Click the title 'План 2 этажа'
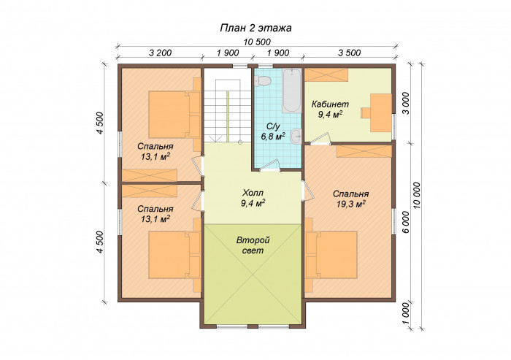point(255,28)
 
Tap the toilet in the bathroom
point(262,80)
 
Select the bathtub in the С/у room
point(291,91)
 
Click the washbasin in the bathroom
point(296,136)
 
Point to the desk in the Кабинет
point(380,113)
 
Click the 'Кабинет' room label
point(330,104)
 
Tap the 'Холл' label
point(253,192)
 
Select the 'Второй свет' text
point(253,245)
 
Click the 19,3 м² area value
point(350,204)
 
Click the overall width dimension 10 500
point(257,42)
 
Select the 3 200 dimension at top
point(160,53)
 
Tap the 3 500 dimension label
point(350,53)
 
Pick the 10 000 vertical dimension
point(417,195)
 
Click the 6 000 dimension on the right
point(405,222)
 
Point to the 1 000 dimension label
point(405,314)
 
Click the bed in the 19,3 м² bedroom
point(331,255)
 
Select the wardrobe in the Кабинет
point(326,75)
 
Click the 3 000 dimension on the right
point(405,103)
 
